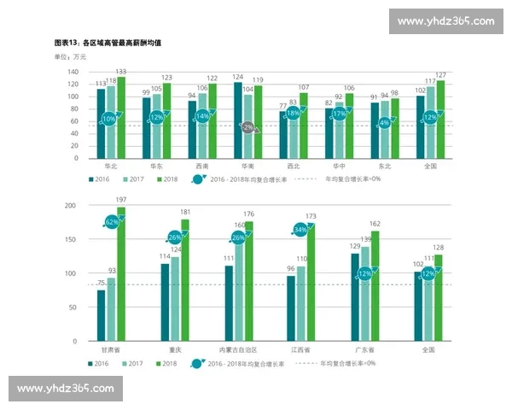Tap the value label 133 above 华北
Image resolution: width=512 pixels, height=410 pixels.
coord(121,72)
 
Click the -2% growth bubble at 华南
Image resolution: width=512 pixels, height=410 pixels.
coord(247,127)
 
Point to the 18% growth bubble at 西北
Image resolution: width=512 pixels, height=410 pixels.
coord(293,113)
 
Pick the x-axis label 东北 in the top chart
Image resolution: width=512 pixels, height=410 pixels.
coord(385,167)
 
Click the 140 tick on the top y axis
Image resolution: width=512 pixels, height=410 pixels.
coord(73,72)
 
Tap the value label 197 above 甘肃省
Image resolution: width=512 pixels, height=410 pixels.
coord(121,201)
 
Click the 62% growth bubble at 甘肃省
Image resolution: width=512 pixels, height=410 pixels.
coord(111,222)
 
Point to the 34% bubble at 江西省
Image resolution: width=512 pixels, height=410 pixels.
coord(300,230)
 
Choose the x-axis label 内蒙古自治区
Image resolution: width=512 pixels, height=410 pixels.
coord(238,350)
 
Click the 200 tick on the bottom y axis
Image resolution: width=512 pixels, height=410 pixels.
coord(71,206)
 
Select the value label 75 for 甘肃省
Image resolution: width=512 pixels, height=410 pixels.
coord(101,284)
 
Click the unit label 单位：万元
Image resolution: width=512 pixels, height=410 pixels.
coord(71,56)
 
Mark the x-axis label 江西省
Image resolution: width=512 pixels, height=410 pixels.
coord(301,350)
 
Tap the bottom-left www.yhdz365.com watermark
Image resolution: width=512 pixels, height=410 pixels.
coord(65,389)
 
